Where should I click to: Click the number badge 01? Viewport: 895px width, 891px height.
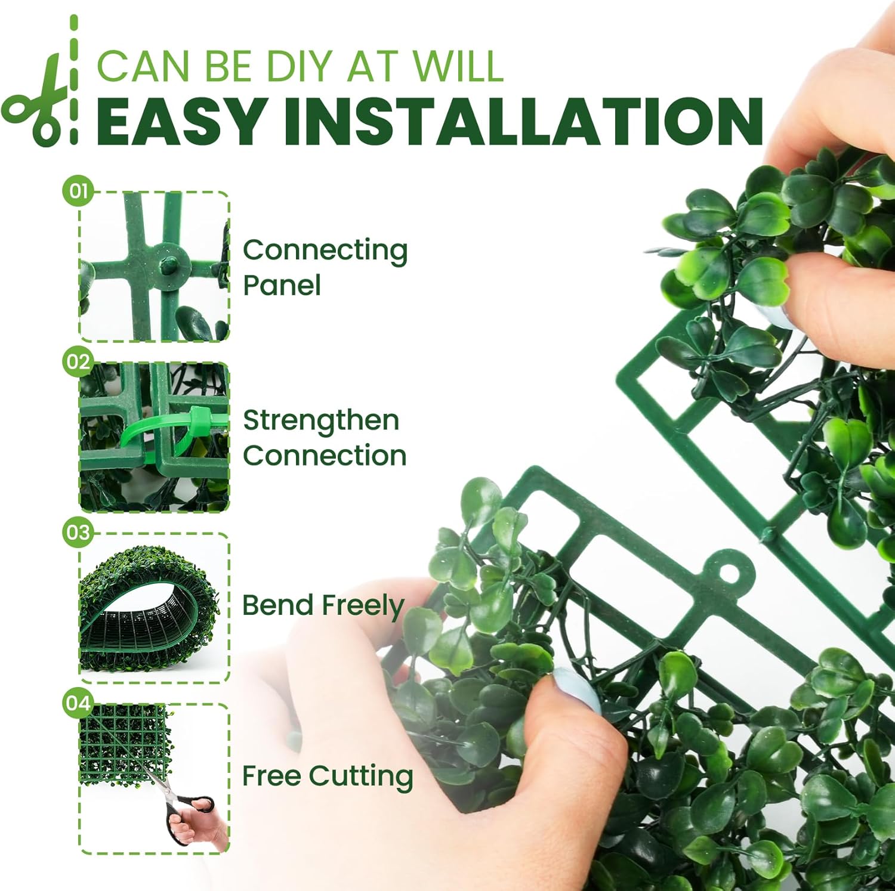78,191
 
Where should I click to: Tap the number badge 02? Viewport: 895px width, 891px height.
78,362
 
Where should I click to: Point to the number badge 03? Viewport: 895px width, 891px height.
78,532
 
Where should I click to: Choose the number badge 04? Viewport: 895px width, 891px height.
78,703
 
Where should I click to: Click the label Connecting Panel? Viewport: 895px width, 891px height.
325,267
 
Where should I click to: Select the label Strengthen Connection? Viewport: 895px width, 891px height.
324,438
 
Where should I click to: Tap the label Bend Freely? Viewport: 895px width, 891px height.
323,605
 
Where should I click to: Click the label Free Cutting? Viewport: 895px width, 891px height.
327,776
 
